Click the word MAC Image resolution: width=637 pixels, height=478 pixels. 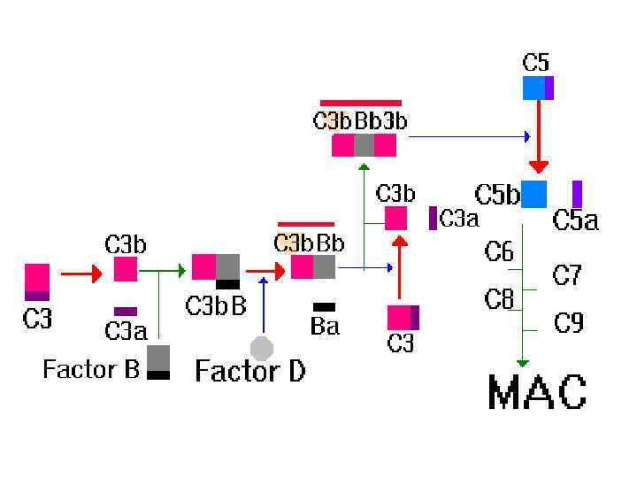537,392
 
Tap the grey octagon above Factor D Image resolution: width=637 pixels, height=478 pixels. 262,347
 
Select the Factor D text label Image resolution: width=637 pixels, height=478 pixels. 249,370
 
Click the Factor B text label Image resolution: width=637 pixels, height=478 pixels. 91,368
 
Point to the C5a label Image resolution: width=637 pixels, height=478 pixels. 575,220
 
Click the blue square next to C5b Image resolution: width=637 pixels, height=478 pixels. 534,194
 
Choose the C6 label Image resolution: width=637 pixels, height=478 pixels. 499,252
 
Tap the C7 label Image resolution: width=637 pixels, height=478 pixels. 567,275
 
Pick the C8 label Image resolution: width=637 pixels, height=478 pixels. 499,300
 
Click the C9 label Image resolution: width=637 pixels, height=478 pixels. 568,323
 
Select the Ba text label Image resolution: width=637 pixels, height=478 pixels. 325,327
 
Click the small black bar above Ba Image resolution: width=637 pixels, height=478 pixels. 324,307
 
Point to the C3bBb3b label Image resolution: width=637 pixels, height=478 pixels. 360,121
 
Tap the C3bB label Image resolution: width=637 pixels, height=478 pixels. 215,305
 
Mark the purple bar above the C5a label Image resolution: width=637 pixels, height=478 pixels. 577,193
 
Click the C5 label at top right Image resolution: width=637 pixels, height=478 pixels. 536,63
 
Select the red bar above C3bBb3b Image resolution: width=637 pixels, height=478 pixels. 360,103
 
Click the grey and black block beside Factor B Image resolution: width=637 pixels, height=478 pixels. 158,362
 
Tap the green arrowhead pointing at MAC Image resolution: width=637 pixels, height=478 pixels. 523,362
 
